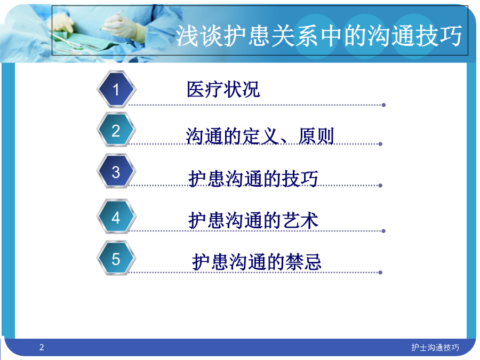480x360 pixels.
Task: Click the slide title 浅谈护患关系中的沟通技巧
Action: (x=319, y=36)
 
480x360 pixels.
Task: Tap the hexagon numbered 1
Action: (x=116, y=89)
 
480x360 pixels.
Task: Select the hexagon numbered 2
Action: (x=116, y=130)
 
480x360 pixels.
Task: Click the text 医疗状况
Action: (x=223, y=90)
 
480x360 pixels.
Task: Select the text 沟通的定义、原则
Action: (x=260, y=136)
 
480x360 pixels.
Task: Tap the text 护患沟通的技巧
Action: (x=253, y=179)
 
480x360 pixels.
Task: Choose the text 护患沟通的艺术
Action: (x=253, y=220)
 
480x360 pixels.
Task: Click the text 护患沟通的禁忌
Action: (x=257, y=262)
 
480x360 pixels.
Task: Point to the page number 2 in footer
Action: (x=42, y=347)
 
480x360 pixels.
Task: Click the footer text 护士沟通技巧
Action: (x=435, y=347)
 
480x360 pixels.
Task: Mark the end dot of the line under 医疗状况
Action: (x=383, y=105)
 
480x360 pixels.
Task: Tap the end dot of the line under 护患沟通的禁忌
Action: (x=380, y=273)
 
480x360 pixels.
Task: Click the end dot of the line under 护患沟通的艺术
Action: (x=383, y=231)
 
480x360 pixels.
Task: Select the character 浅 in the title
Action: (x=187, y=36)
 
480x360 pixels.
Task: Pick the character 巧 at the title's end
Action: (x=450, y=36)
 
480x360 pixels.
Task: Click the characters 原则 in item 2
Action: (x=316, y=136)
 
